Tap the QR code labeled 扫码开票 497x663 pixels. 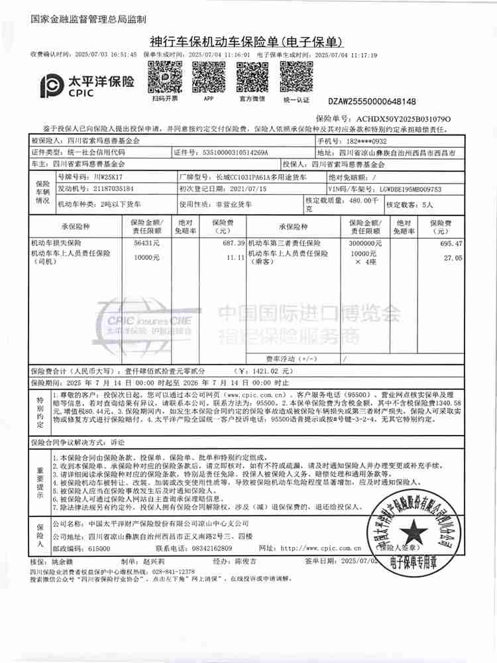click(x=164, y=76)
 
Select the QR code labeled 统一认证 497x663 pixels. click(x=296, y=76)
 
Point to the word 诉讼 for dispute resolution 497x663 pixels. click(x=117, y=441)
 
